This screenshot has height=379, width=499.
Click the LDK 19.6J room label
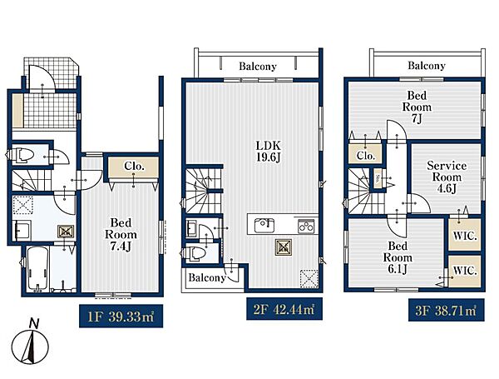269,152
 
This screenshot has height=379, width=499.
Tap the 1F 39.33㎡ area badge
121,316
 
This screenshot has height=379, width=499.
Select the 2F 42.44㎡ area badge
284,308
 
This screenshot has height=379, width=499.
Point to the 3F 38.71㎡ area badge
446,310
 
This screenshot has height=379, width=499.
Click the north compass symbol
30,342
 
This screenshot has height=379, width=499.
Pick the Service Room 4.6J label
447,177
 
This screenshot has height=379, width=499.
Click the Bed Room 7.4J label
121,234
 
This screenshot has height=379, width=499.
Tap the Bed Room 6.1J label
398,257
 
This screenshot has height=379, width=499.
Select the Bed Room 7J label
417,107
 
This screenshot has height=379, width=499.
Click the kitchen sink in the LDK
264,226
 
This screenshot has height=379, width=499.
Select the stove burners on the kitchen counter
306,226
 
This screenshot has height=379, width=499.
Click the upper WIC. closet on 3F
465,235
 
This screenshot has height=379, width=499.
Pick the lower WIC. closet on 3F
465,271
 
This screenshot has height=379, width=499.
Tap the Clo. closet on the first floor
133,167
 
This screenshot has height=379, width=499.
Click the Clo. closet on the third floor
365,155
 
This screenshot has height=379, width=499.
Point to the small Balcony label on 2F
207,277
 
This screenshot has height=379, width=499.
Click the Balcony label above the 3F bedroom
427,66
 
